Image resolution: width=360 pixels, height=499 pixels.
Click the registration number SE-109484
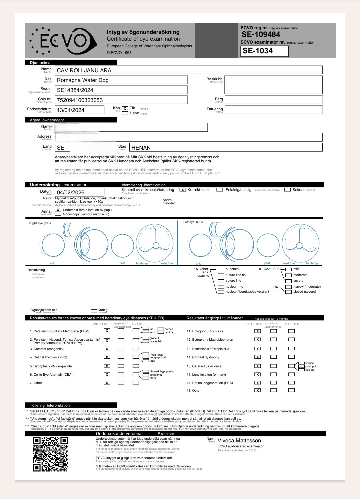tap(261, 34)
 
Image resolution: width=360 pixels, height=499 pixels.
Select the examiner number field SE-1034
tap(264, 51)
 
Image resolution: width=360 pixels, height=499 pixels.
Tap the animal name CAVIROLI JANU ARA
tap(84, 70)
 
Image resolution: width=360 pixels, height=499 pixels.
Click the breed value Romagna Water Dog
tap(83, 80)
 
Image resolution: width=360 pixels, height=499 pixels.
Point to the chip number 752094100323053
tap(80, 100)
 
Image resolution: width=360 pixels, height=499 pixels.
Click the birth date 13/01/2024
tap(71, 110)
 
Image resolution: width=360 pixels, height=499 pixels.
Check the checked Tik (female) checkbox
tap(125, 108)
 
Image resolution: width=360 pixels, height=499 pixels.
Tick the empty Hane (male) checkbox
tap(125, 113)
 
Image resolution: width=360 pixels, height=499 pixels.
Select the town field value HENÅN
tap(141, 148)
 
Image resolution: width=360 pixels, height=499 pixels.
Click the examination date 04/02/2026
tap(71, 192)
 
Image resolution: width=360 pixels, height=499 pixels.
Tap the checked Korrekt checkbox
tap(183, 190)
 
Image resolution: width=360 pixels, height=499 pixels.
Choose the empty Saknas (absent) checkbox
tap(287, 190)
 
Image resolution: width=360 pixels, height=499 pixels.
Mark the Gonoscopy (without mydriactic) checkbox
tap(58, 214)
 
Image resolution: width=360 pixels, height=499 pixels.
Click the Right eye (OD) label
tap(40, 223)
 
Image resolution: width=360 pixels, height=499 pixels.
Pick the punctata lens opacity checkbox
tap(221, 269)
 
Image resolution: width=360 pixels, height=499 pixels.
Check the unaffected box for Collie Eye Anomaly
tap(107, 374)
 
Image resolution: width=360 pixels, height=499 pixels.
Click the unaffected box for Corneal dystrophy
tap(258, 357)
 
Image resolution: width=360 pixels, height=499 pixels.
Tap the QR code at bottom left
tap(50, 454)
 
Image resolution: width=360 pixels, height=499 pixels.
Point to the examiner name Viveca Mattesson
tap(239, 441)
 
